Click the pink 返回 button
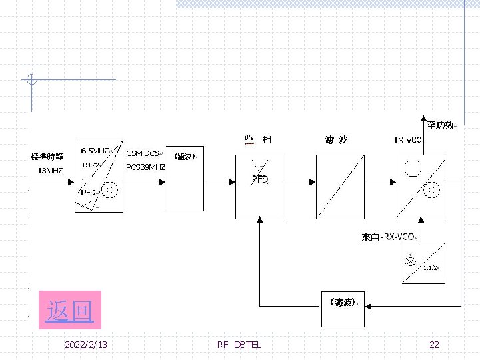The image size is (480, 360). point(70,310)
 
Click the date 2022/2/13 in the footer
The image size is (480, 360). point(87,345)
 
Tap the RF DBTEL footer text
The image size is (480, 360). point(239,345)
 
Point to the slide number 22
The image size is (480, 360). point(434,345)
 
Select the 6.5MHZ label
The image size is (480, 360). point(95,151)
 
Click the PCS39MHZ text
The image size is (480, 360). point(146,167)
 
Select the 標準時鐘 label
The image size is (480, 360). point(47,157)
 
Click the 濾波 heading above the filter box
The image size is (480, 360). point(336,140)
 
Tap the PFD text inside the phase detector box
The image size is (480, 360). point(260,179)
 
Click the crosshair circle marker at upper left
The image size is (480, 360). point(30,80)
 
